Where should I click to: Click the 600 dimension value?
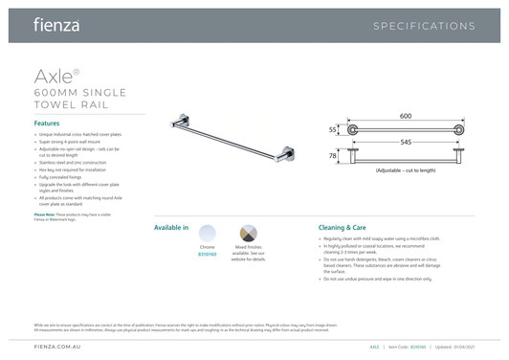406,116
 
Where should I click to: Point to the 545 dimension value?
406,142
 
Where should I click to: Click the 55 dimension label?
332,128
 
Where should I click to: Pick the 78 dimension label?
332,154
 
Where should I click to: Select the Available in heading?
171,230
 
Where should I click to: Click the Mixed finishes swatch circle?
247,236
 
